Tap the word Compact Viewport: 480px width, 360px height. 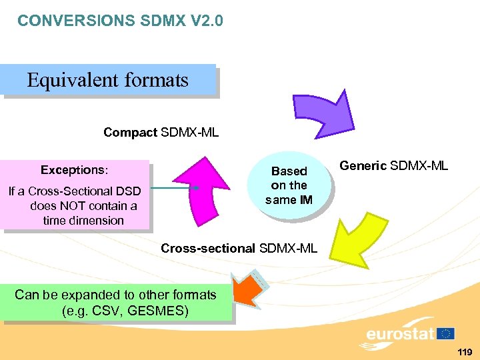(131, 133)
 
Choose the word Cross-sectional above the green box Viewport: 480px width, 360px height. (208, 249)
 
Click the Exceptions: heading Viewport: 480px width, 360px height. (74, 170)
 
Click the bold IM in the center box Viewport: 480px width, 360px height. (306, 200)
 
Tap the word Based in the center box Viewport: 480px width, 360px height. (289, 171)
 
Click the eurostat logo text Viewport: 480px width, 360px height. (399, 334)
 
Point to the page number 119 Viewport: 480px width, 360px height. (465, 352)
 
